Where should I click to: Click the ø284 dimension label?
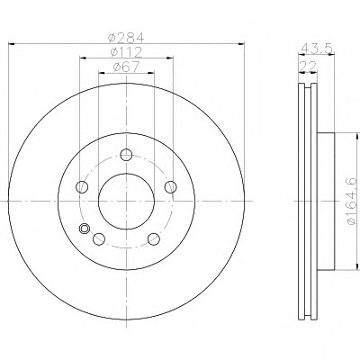coord(126,38)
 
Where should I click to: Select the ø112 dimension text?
coord(126,52)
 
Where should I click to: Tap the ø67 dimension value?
coord(126,67)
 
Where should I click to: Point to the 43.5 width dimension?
coord(317,48)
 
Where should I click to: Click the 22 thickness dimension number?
coord(308,67)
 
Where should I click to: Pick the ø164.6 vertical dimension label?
coord(351,201)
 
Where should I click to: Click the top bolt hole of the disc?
coord(126,155)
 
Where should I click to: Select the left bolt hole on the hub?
coord(82,187)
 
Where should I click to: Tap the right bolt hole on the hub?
coord(171,187)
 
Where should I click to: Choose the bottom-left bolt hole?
coord(99,238)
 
